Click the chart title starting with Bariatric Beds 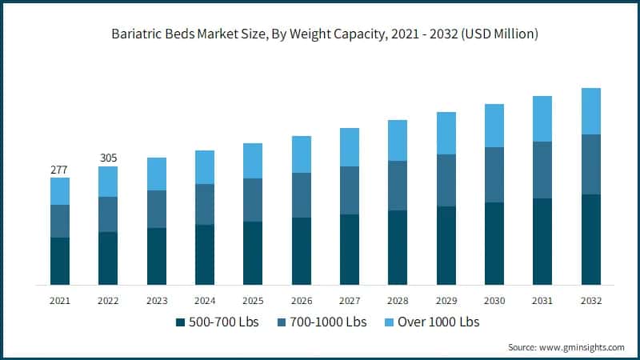pos(320,34)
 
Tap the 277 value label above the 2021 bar pos(59,169)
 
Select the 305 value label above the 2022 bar pos(108,158)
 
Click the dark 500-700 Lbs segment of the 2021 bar pos(59,261)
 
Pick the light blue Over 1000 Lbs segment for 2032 pos(591,111)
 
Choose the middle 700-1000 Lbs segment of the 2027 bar pos(350,190)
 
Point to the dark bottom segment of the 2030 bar pos(494,243)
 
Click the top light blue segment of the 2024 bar pos(205,167)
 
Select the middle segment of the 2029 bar pos(446,180)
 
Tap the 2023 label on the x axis pos(156,301)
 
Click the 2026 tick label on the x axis pos(301,301)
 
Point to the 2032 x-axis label pos(591,301)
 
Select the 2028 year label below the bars pos(398,301)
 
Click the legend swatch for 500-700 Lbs pos(180,322)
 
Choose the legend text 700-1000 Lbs pos(329,322)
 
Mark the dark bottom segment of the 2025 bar pos(253,253)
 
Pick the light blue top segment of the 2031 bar pos(543,119)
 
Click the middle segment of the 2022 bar pos(108,214)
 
